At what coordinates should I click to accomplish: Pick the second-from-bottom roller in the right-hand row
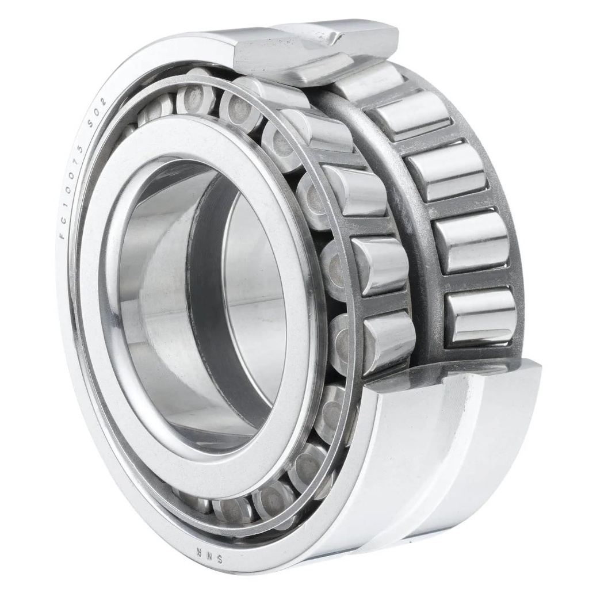tap(471, 241)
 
